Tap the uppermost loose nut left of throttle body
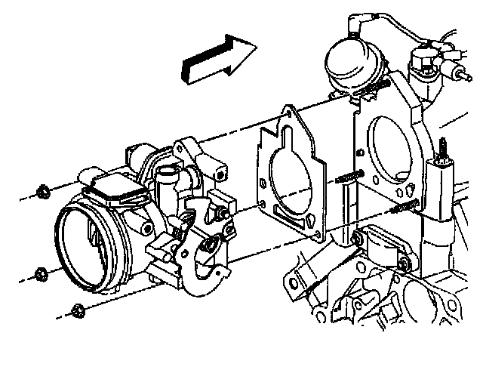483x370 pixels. pyautogui.click(x=44, y=189)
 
